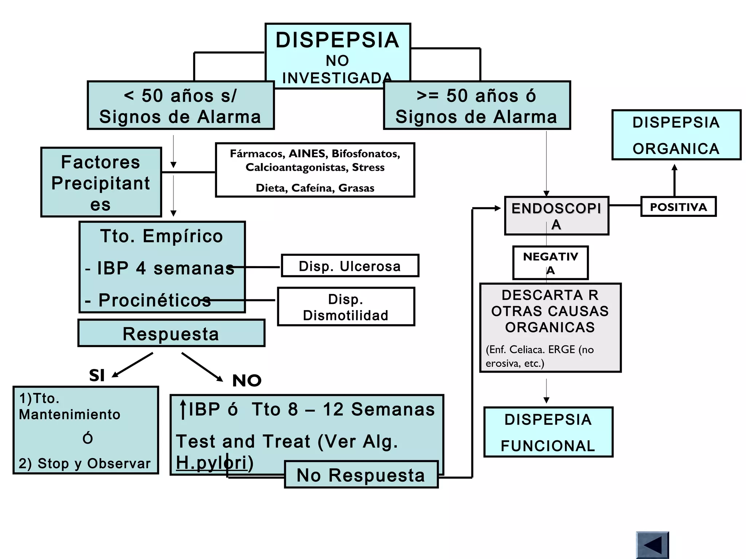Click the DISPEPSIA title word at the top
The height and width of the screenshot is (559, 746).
(337, 40)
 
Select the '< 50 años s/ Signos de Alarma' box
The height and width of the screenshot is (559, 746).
(180, 106)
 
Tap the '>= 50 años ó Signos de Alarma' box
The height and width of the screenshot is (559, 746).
(476, 106)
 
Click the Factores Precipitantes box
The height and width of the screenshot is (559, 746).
(101, 182)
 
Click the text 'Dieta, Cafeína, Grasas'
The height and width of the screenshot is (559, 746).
(315, 188)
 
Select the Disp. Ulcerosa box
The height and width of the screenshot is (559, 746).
(350, 266)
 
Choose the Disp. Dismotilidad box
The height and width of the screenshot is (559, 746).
(346, 307)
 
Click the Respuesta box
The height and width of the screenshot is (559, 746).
(171, 333)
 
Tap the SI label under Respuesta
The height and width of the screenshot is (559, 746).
(97, 375)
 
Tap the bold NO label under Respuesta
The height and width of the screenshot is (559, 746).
(247, 381)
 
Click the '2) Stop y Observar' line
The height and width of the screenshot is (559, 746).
(85, 463)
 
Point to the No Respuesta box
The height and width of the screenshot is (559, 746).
(361, 475)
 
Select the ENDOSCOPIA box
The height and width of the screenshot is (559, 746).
(556, 216)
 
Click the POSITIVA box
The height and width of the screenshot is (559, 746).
(678, 207)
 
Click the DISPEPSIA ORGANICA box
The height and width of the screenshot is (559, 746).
(676, 135)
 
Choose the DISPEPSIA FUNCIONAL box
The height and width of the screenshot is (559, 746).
(548, 432)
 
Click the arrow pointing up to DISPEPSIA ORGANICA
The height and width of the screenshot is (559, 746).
(674, 180)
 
